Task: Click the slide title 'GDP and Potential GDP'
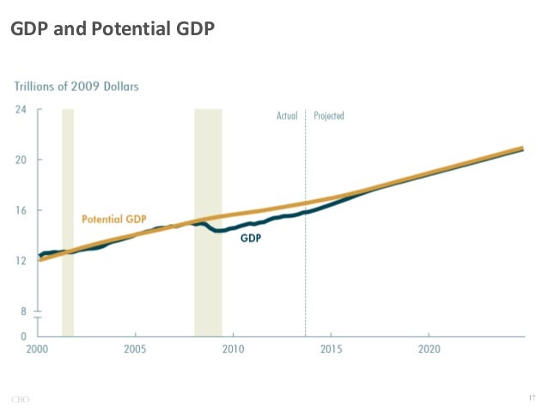coord(112,30)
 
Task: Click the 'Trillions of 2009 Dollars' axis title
coord(76,86)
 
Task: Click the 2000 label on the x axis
coord(37,350)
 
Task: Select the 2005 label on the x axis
coord(135,350)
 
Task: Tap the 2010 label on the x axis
coord(233,350)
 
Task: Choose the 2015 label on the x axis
coord(332,350)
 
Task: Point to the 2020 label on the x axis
coord(429,350)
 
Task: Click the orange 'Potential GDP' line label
coord(114,219)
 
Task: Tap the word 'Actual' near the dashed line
coord(287,116)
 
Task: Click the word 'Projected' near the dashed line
coord(329,116)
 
